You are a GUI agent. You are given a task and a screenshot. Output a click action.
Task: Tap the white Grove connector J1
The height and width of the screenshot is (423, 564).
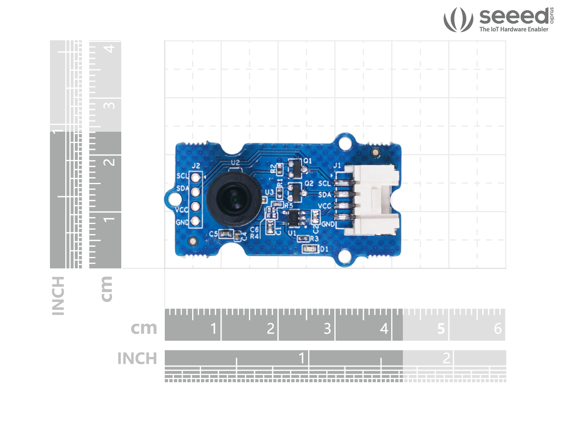(373, 200)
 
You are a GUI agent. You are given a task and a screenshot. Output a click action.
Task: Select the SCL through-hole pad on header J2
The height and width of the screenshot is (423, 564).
(196, 178)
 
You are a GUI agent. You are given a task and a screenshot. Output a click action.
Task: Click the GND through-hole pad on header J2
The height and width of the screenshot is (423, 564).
(195, 221)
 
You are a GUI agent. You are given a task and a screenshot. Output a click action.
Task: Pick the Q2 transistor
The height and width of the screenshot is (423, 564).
(295, 193)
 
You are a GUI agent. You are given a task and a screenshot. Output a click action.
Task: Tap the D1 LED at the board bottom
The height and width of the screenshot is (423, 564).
(310, 249)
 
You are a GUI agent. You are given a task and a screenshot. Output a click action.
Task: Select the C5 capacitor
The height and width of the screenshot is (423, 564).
(227, 234)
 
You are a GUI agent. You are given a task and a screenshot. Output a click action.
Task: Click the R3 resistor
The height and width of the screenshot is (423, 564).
(303, 239)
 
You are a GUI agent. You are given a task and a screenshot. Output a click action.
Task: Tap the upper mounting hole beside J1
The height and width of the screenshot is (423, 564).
(345, 143)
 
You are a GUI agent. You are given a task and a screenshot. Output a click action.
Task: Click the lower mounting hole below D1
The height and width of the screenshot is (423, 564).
(345, 256)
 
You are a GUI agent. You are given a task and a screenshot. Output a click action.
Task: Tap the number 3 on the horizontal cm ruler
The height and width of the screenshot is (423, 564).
(328, 329)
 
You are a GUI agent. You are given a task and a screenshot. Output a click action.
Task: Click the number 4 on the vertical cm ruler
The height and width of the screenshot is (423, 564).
(109, 49)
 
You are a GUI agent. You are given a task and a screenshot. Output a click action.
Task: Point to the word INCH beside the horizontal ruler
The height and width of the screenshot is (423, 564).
(137, 359)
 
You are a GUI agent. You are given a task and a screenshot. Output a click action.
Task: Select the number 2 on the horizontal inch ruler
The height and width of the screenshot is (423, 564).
(446, 358)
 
